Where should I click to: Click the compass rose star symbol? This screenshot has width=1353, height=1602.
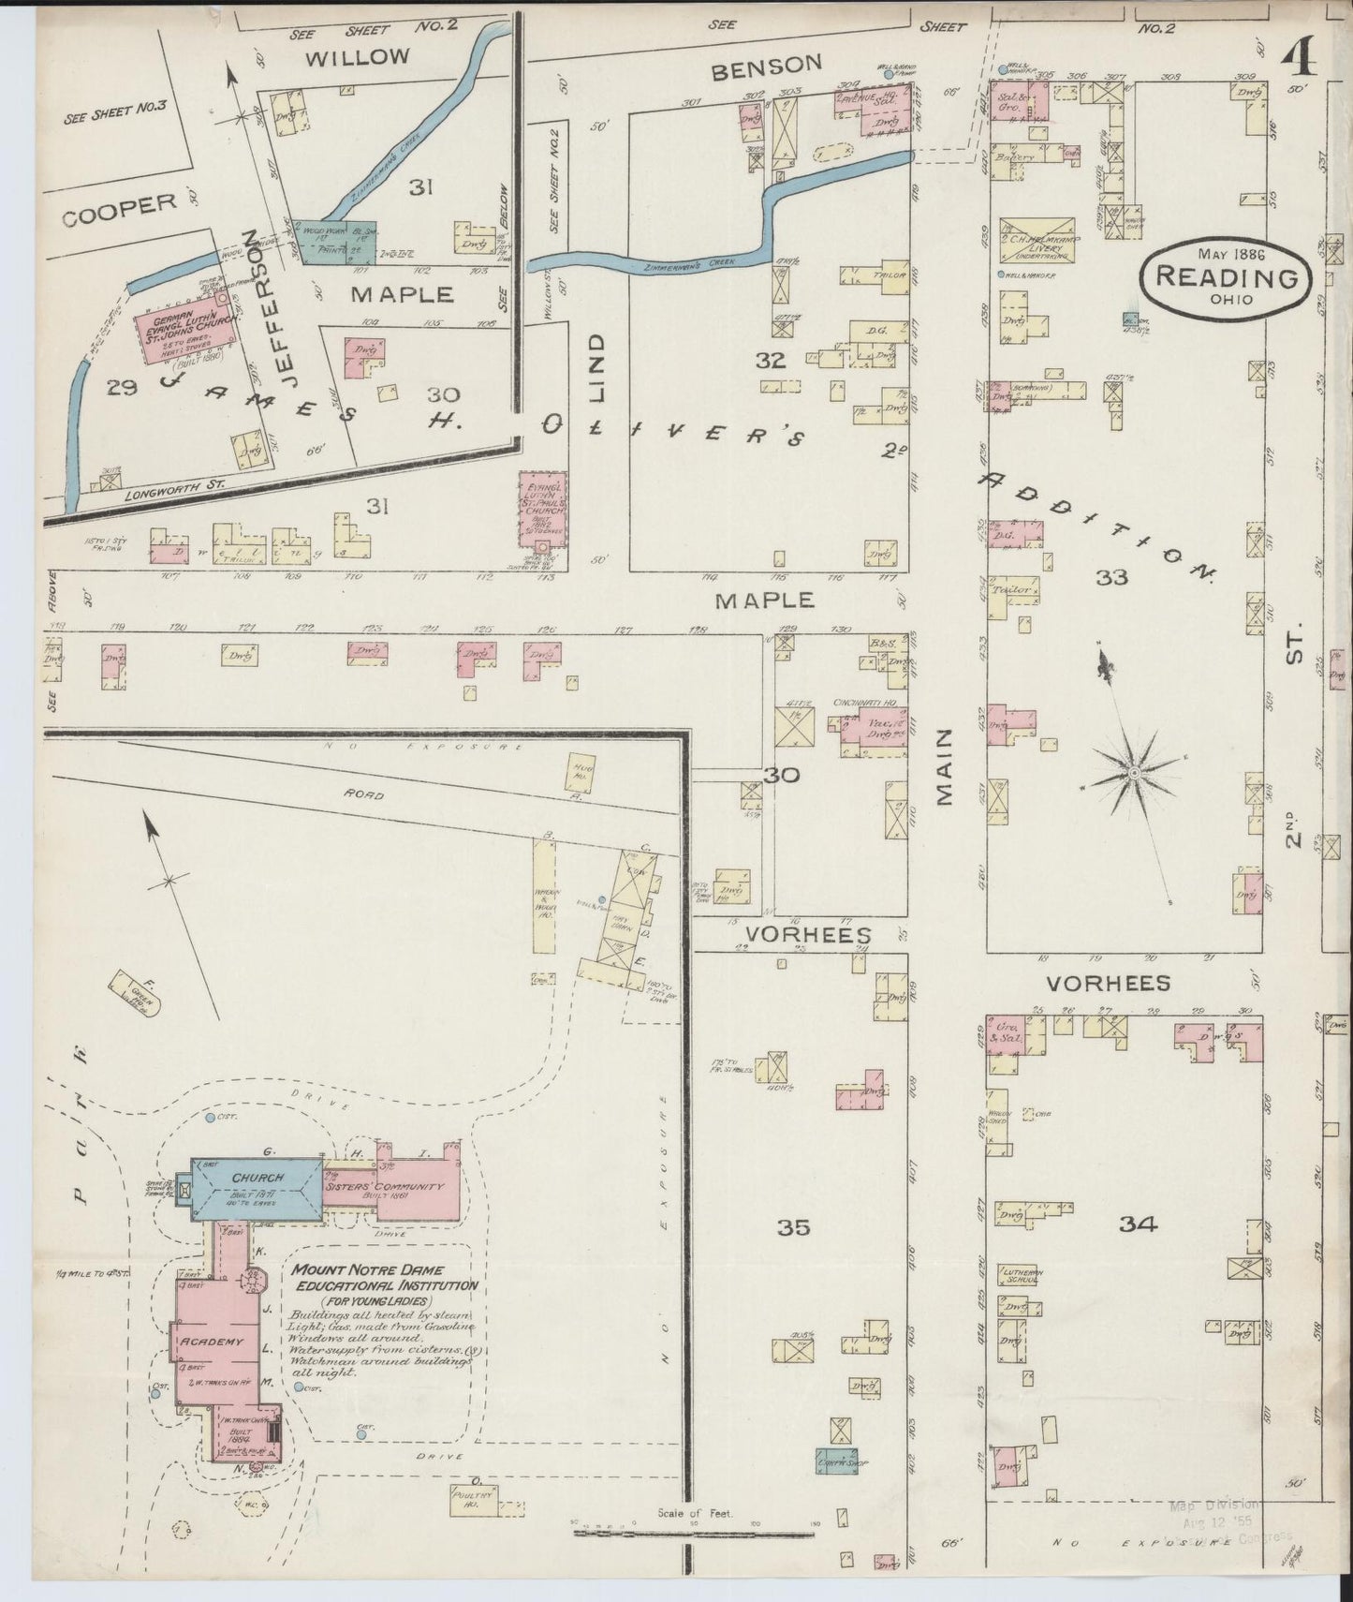(x=1133, y=771)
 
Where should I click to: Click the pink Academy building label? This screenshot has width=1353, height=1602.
(x=212, y=1342)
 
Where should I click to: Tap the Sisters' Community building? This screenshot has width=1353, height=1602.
(x=404, y=1188)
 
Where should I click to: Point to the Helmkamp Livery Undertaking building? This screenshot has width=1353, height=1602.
(x=1037, y=240)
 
